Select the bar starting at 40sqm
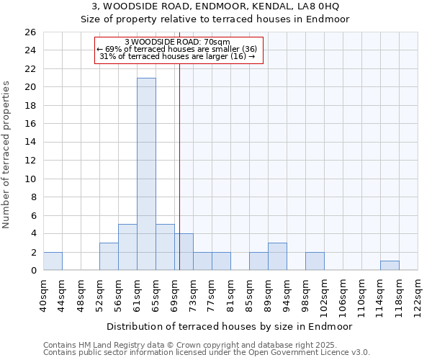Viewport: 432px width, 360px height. pyautogui.click(x=53, y=261)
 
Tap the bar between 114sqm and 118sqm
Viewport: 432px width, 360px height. pyautogui.click(x=390, y=266)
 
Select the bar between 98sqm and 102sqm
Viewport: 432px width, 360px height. pyautogui.click(x=315, y=261)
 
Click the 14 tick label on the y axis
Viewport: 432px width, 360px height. pyautogui.click(x=30, y=143)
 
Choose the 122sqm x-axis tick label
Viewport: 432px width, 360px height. pyautogui.click(x=418, y=295)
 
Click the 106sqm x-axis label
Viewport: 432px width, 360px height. pyautogui.click(x=343, y=295)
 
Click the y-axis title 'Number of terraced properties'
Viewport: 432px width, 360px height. pyautogui.click(x=6, y=155)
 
